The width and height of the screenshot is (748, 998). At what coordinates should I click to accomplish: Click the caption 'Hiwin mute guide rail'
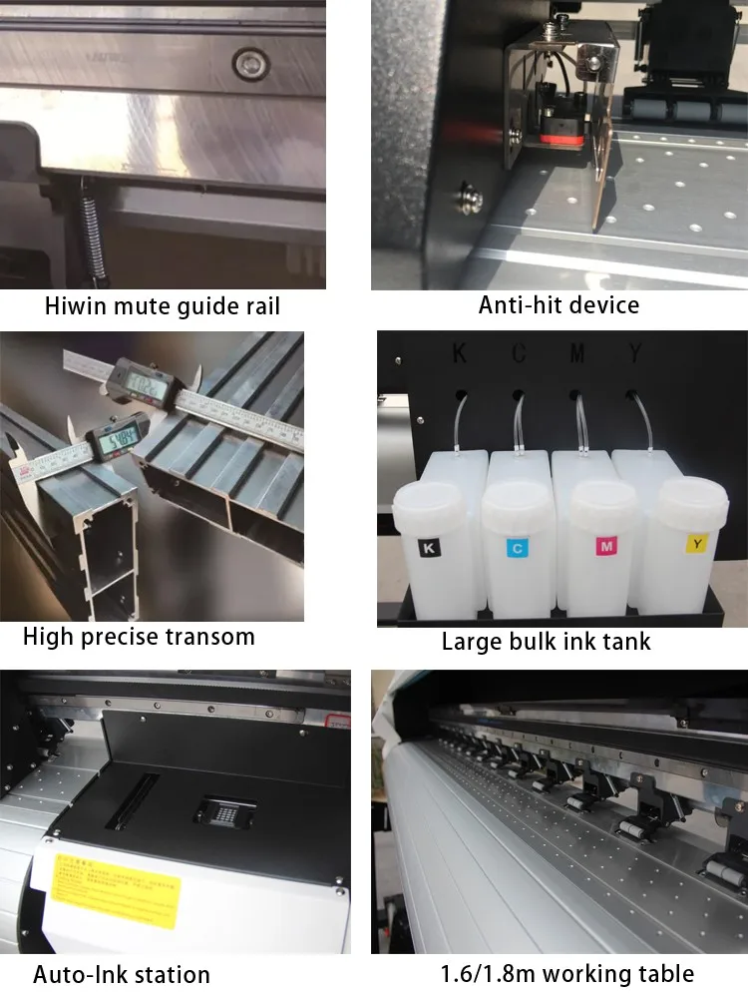click(163, 306)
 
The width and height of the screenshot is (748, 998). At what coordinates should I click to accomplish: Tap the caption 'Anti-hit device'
click(559, 304)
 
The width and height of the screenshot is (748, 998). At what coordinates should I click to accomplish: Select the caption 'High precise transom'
click(139, 637)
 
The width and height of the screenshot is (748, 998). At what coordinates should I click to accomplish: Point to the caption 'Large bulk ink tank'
click(546, 642)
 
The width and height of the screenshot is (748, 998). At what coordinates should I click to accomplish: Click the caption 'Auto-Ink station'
click(122, 974)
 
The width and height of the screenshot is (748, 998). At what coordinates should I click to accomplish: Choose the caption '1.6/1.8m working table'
click(567, 973)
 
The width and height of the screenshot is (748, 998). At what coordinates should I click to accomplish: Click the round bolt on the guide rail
click(251, 65)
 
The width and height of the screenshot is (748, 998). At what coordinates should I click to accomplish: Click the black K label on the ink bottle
click(428, 548)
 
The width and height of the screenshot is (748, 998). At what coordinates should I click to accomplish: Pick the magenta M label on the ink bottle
click(606, 545)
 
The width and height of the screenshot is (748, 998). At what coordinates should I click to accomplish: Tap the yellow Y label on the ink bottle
click(696, 543)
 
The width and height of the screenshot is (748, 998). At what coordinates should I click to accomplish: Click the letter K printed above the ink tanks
click(459, 353)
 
